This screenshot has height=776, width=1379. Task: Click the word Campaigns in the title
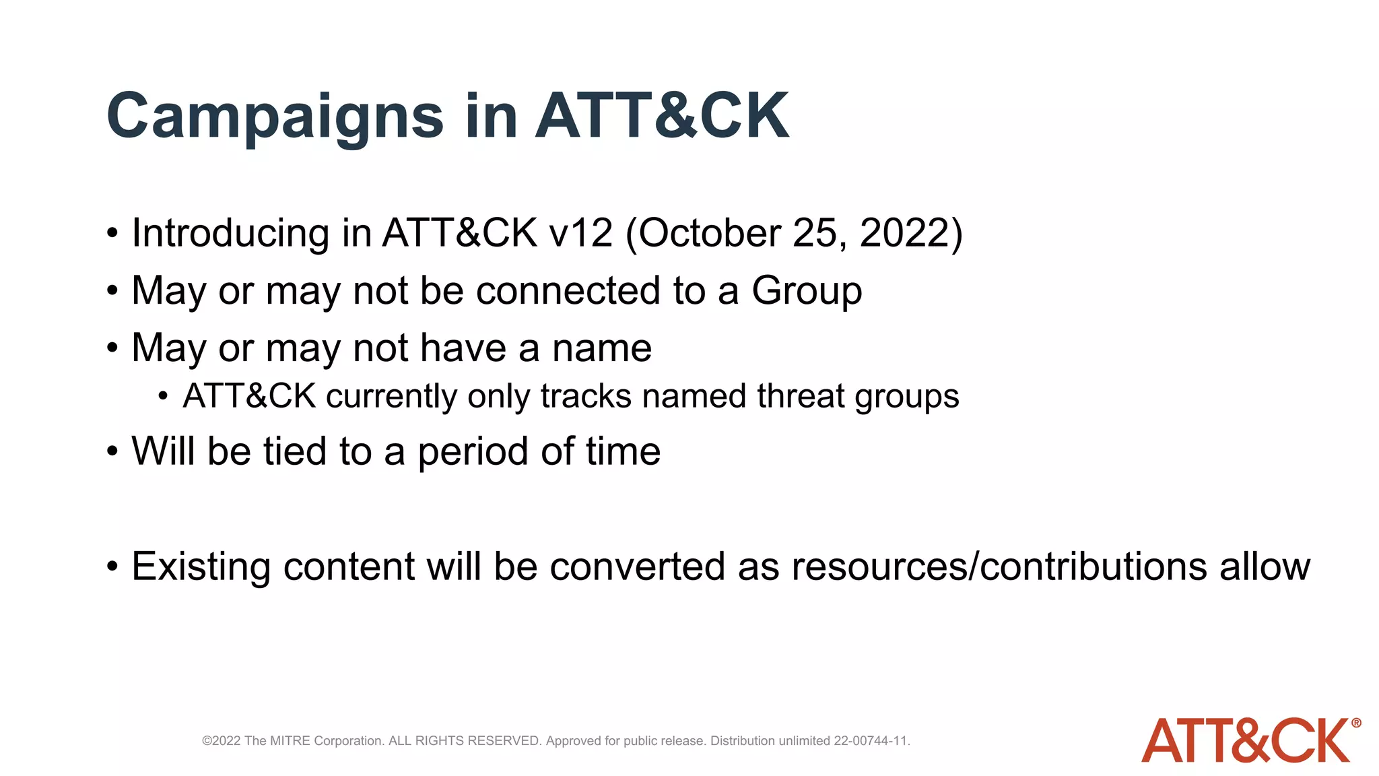click(x=275, y=117)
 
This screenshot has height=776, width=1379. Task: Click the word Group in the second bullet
click(x=807, y=291)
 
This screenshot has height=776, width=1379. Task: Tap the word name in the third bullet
click(x=601, y=348)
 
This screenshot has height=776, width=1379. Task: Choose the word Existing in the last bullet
click(x=201, y=567)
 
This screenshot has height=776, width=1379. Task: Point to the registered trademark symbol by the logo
click(x=1356, y=723)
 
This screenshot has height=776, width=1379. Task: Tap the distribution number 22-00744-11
click(x=871, y=741)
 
